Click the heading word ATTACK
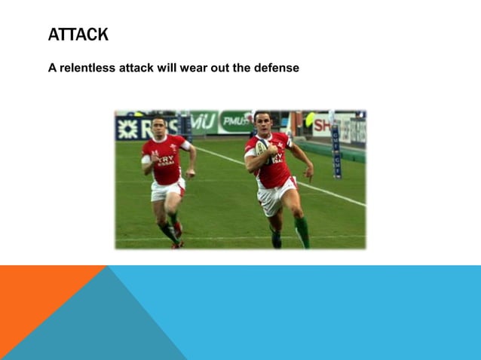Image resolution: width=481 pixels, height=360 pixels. click(x=78, y=35)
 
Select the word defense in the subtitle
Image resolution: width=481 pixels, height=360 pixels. click(x=277, y=68)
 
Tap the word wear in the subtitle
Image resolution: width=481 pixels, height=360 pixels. click(x=191, y=68)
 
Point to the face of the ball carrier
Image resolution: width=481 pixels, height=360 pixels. click(x=262, y=121)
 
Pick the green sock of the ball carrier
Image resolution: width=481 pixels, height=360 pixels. click(x=302, y=230)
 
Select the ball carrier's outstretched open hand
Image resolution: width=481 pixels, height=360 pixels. click(x=308, y=172)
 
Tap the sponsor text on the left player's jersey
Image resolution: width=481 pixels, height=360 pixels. click(x=166, y=160)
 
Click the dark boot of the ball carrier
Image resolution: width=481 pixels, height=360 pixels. click(x=276, y=240)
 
